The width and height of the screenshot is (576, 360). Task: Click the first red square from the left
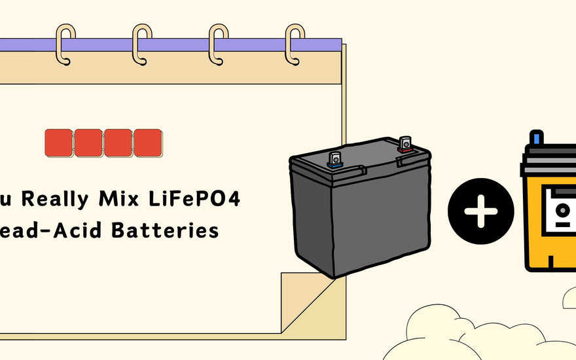tap(59, 143)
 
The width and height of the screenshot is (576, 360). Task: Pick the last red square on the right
tap(148, 143)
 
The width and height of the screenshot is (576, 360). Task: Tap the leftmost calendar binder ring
tap(65, 44)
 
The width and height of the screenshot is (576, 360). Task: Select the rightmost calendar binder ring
tap(295, 44)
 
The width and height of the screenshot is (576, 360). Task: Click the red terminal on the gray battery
tap(405, 145)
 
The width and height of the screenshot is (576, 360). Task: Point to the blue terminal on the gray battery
tap(336, 160)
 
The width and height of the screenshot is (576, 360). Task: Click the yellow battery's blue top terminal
tap(537, 138)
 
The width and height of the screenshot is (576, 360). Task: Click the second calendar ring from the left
tap(141, 44)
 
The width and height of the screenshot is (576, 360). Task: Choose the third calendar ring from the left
tap(218, 44)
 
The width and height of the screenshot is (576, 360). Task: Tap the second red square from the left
tap(88, 143)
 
